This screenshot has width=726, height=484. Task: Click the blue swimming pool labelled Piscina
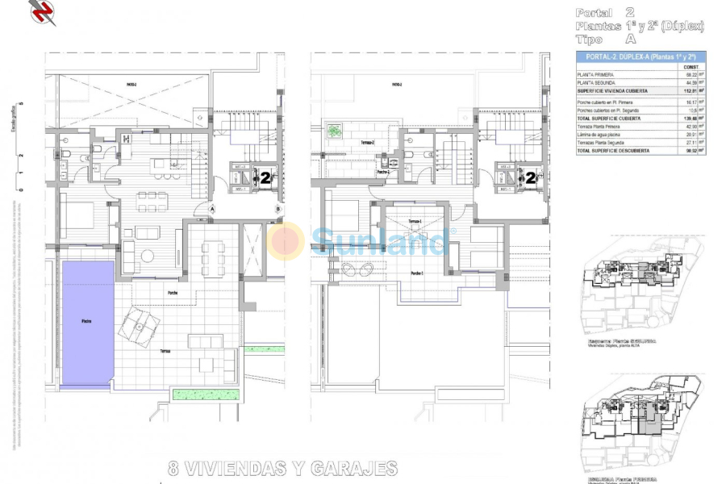pyautogui.click(x=87, y=323)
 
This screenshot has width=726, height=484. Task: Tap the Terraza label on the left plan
pyautogui.click(x=165, y=352)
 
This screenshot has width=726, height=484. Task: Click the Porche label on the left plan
pyautogui.click(x=172, y=291)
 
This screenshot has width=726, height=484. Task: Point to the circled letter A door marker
pyautogui.click(x=212, y=208)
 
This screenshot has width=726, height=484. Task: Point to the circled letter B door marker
pyautogui.click(x=277, y=209)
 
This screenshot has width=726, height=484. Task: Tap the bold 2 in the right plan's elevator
pyautogui.click(x=532, y=177)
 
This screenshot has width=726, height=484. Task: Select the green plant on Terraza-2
pyautogui.click(x=334, y=129)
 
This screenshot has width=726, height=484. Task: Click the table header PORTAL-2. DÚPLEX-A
pyautogui.click(x=640, y=56)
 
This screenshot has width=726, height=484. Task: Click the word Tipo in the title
pyautogui.click(x=590, y=39)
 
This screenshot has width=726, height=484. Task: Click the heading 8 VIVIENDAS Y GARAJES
pyautogui.click(x=282, y=468)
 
